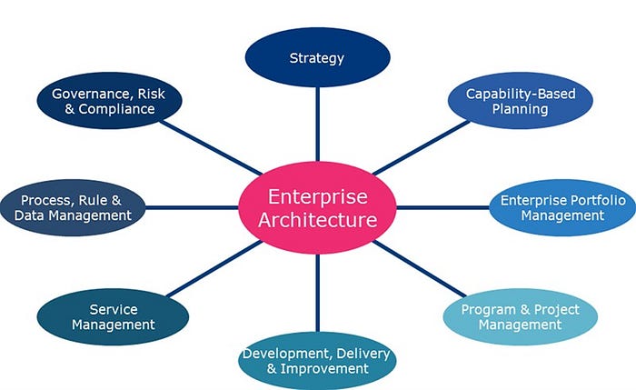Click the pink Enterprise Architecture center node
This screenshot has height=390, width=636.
pos(317,207)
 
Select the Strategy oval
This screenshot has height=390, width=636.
pos(317,59)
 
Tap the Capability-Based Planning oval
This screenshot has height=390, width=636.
pos(521,101)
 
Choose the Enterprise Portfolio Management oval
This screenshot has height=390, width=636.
pos(562,207)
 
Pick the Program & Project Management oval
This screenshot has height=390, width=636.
pos(520,317)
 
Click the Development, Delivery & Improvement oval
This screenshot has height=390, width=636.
pos(317,361)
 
